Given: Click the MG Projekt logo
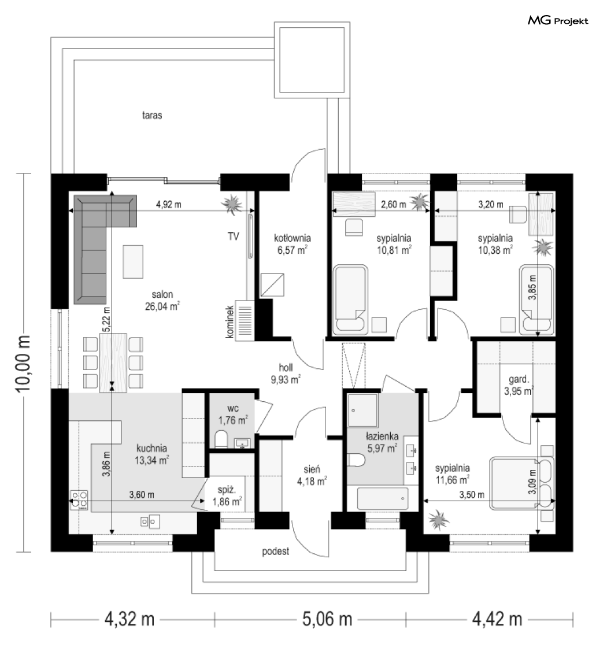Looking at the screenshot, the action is coord(558,20).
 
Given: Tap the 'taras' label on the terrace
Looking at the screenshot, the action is coord(152,115).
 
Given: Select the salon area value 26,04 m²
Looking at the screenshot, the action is coord(162,306).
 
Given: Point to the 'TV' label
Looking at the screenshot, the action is coord(234,236).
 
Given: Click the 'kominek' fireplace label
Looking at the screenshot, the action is coord(230,321).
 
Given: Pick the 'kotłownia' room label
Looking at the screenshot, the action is coord(293,238).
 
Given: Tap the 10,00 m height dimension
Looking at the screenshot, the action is coord(23,362).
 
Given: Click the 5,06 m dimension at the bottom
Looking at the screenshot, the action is coord(327,619).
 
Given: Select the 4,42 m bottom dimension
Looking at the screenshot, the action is coord(497,619).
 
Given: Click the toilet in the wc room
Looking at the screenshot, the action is coord(221,439).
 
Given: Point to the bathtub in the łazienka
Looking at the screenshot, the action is coord(383,498).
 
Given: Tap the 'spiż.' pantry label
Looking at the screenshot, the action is coord(227,490).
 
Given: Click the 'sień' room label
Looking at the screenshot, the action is coord(312,469).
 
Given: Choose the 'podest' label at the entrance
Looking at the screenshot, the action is coord(276,552).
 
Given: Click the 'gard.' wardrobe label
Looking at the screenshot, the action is coord(519,380).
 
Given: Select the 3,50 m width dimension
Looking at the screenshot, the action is coord(472,495).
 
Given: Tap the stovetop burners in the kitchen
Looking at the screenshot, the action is coord(79,500).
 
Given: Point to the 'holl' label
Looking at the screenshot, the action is coord(286,368).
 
